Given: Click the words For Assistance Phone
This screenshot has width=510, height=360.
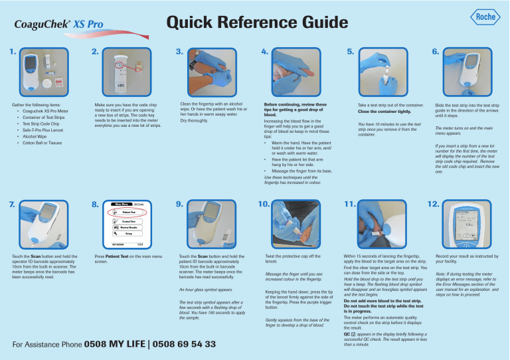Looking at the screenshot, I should coord(42,345).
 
